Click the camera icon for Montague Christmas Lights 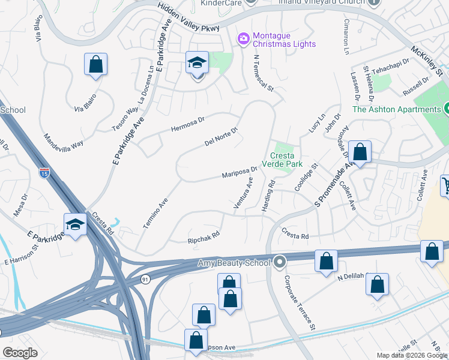point(244,39)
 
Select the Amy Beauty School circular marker point(279,262)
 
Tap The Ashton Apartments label point(396,109)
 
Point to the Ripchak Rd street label point(203,236)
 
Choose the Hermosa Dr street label point(188,124)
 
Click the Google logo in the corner point(20,353)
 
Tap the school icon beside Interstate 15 point(76,225)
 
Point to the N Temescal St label point(264,74)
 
